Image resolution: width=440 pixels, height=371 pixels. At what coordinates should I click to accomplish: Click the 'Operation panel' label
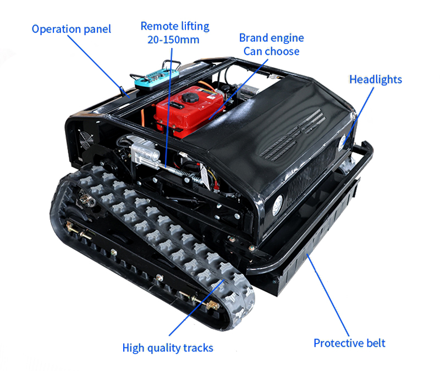(x=71, y=29)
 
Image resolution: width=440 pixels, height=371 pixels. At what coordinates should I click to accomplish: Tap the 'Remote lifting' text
(x=174, y=26)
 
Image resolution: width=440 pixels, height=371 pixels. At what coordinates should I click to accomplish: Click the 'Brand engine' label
(x=271, y=38)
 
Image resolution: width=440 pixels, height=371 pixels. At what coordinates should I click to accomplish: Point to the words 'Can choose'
(x=271, y=52)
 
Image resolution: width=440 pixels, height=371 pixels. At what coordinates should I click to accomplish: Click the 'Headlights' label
(x=376, y=79)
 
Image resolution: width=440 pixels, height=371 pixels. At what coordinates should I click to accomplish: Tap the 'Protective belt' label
(x=349, y=343)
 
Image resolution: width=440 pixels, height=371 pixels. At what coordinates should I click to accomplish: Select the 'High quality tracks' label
(x=167, y=347)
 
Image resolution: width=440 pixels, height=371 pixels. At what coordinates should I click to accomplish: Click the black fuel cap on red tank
(x=190, y=98)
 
